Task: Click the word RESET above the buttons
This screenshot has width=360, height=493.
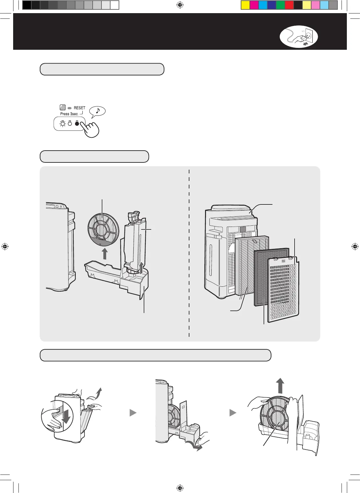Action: click(79, 108)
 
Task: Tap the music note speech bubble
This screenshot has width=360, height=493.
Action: click(97, 111)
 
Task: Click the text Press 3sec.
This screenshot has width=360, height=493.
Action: click(69, 114)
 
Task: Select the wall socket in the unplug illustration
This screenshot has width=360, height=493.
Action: click(308, 35)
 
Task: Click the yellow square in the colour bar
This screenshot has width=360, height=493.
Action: click(245, 5)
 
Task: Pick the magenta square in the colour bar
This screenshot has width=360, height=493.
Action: click(254, 5)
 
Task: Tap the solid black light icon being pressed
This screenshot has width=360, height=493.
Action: click(77, 123)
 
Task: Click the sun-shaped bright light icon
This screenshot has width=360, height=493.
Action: click(63, 123)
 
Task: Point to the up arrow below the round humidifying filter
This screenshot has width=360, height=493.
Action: click(105, 253)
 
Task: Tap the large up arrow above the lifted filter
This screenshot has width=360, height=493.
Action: click(280, 385)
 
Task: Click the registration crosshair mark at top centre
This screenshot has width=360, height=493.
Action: click(180, 5)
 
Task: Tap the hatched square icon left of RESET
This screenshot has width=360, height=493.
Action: click(63, 108)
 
